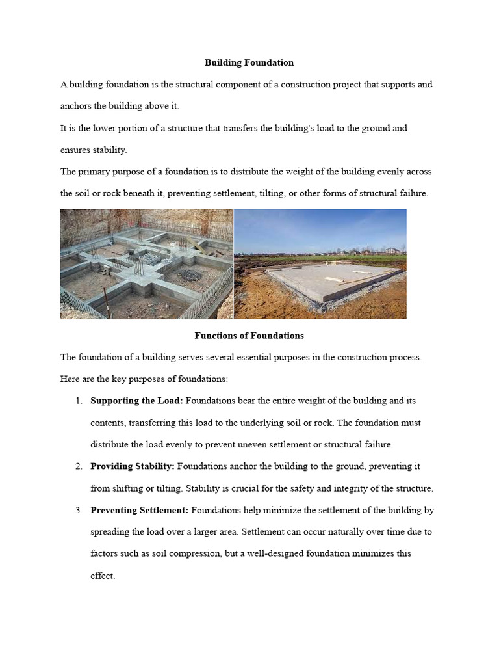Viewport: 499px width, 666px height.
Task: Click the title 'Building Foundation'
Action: point(249,63)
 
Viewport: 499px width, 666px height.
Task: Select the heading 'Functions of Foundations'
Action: point(249,336)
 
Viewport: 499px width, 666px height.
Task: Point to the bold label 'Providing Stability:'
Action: point(133,466)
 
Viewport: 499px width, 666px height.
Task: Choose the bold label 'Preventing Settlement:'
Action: point(140,510)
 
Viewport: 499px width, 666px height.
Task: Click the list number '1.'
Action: point(79,401)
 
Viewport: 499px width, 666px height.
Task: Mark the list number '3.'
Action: point(79,510)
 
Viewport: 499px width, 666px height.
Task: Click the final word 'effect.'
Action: point(103,576)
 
